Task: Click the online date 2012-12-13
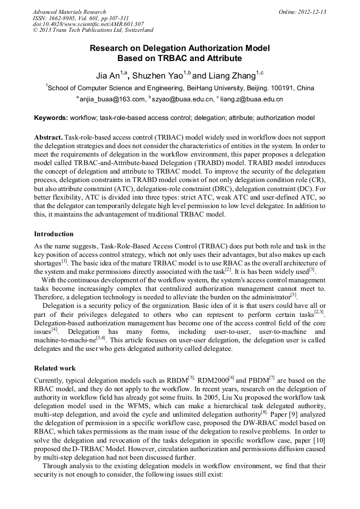tap(312, 12)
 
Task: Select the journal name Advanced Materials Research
tap(70, 12)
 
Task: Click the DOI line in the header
tap(88, 24)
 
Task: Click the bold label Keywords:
tap(51, 117)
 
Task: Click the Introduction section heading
tap(54, 234)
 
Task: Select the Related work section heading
tap(55, 368)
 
